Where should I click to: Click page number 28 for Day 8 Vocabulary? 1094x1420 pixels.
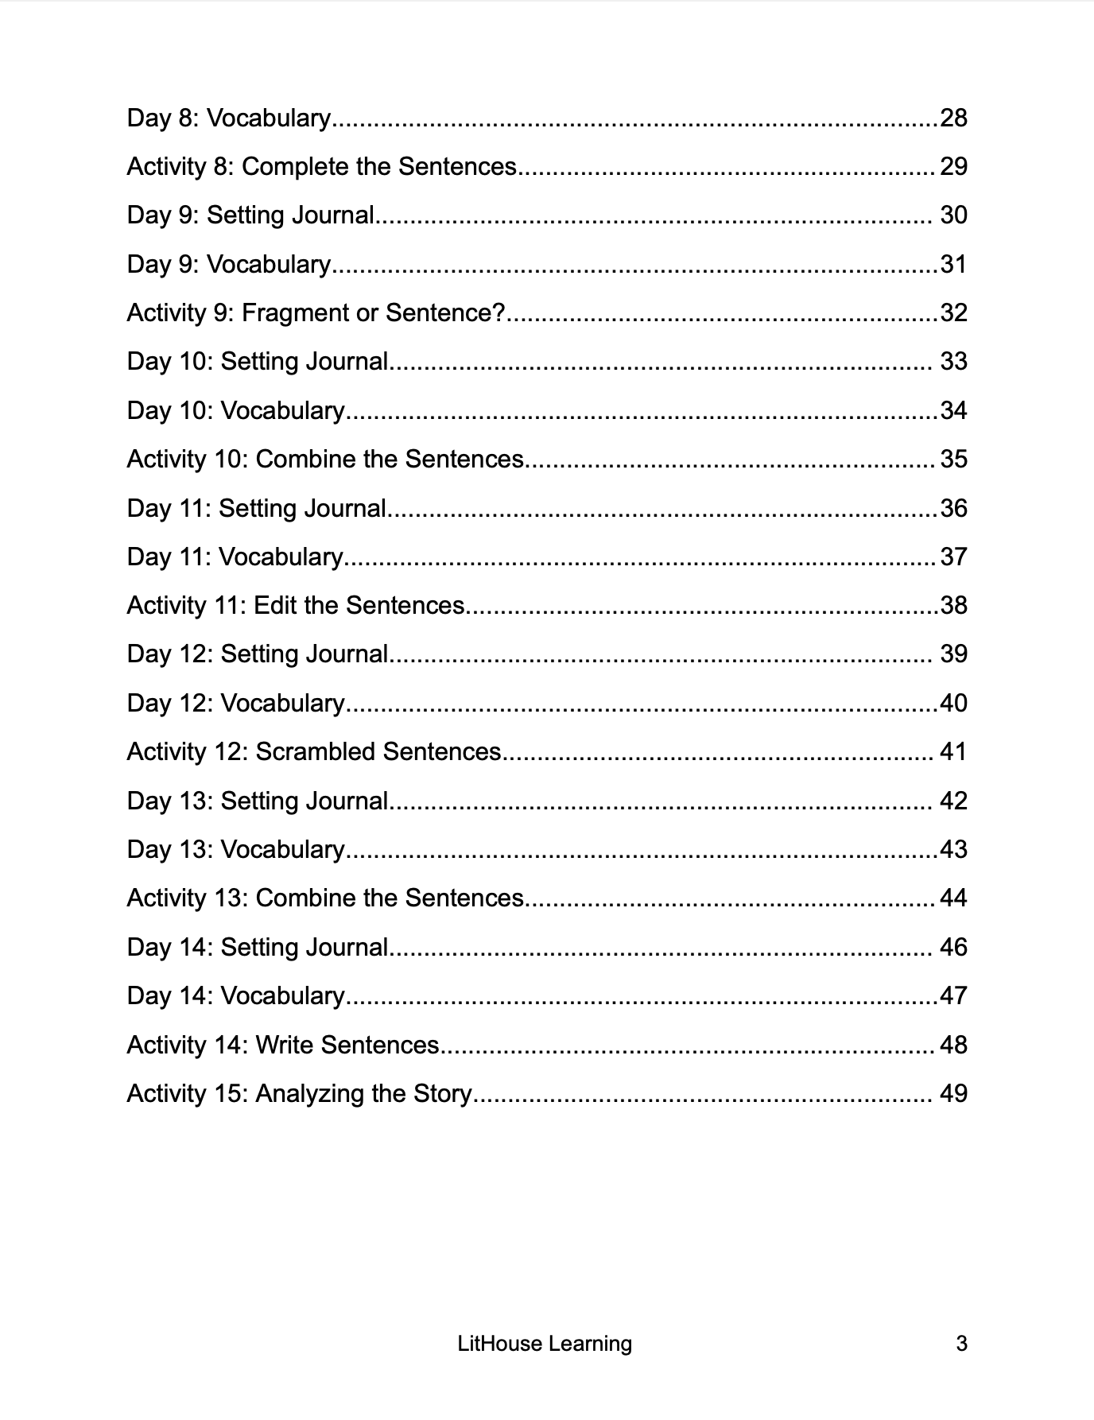(953, 118)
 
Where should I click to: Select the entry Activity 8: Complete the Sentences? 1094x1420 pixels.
(321, 166)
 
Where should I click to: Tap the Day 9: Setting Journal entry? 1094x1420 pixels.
(250, 215)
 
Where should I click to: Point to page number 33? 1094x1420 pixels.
(953, 362)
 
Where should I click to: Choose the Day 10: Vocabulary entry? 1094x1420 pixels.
(235, 410)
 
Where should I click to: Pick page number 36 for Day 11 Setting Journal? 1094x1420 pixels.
(953, 508)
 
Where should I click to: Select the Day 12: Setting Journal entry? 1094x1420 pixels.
(258, 654)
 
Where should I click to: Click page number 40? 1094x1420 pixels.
(953, 703)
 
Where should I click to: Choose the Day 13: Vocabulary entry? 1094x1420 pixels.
(235, 849)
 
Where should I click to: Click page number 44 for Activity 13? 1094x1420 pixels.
(953, 898)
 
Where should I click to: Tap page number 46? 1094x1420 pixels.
(953, 947)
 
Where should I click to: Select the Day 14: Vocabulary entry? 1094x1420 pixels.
(235, 995)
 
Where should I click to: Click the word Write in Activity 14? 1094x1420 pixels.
(285, 1045)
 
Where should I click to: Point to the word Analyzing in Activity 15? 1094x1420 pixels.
(309, 1094)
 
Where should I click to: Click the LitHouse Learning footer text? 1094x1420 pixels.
(545, 1344)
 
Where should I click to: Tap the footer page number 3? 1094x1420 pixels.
(961, 1344)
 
